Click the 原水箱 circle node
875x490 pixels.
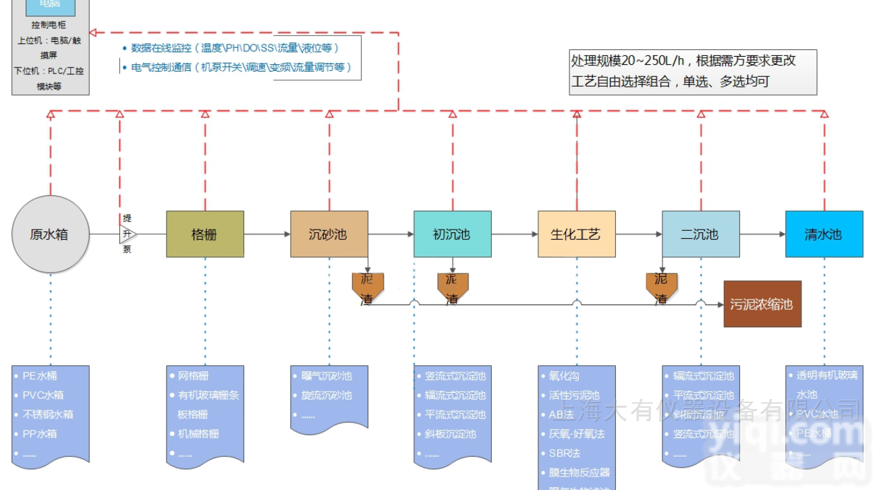coord(50,234)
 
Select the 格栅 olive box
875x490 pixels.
coord(205,234)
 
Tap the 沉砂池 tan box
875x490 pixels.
coord(329,234)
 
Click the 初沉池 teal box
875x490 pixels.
coord(452,234)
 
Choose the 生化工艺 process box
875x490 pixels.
coord(576,234)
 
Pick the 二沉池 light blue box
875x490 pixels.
coord(700,234)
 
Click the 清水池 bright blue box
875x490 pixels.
coord(824,234)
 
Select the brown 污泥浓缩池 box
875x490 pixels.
coord(762,304)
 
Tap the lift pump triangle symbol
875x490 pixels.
coord(128,234)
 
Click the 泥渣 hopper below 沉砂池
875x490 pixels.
coord(368,285)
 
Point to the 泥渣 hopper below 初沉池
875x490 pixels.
coord(452,285)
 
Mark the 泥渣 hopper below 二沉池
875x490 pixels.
coord(662,285)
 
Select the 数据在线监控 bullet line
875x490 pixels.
coord(235,48)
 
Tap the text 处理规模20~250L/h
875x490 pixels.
coord(627,61)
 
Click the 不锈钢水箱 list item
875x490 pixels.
coord(48,414)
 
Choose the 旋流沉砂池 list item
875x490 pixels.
coord(327,396)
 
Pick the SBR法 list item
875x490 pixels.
coord(565,453)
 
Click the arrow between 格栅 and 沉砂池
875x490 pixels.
coord(267,234)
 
